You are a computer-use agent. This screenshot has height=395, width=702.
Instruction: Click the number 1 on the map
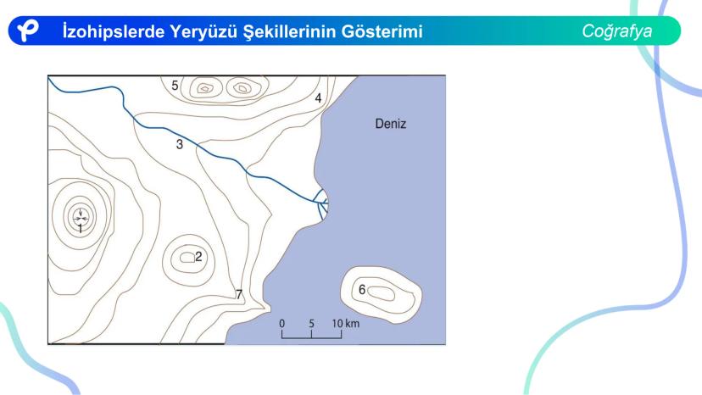81,229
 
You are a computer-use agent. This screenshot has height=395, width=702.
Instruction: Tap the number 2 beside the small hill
198,257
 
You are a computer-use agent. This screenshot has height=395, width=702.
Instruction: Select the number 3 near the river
180,144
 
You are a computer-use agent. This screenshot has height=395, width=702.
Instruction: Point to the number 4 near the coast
318,98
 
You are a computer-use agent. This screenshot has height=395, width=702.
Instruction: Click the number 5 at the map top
175,85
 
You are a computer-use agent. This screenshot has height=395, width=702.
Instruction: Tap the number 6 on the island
362,290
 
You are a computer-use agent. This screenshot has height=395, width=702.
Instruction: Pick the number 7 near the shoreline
239,294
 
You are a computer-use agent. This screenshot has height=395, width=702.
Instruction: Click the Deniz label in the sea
390,124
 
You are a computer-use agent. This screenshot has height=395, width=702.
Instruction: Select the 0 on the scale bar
281,323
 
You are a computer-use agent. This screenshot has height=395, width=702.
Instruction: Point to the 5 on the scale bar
311,323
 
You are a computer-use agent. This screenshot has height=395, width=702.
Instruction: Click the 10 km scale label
346,323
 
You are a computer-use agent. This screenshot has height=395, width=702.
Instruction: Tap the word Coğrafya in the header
617,31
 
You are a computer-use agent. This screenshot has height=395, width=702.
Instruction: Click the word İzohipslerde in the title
114,31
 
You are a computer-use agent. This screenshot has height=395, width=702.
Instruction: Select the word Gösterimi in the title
382,31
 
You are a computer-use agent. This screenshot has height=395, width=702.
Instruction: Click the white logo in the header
27,31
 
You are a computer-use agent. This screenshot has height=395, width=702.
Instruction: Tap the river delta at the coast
321,204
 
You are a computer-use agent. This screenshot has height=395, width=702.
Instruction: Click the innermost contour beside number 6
381,294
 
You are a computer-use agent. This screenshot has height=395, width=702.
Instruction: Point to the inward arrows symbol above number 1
81,216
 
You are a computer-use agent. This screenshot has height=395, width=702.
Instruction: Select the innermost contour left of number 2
187,257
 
